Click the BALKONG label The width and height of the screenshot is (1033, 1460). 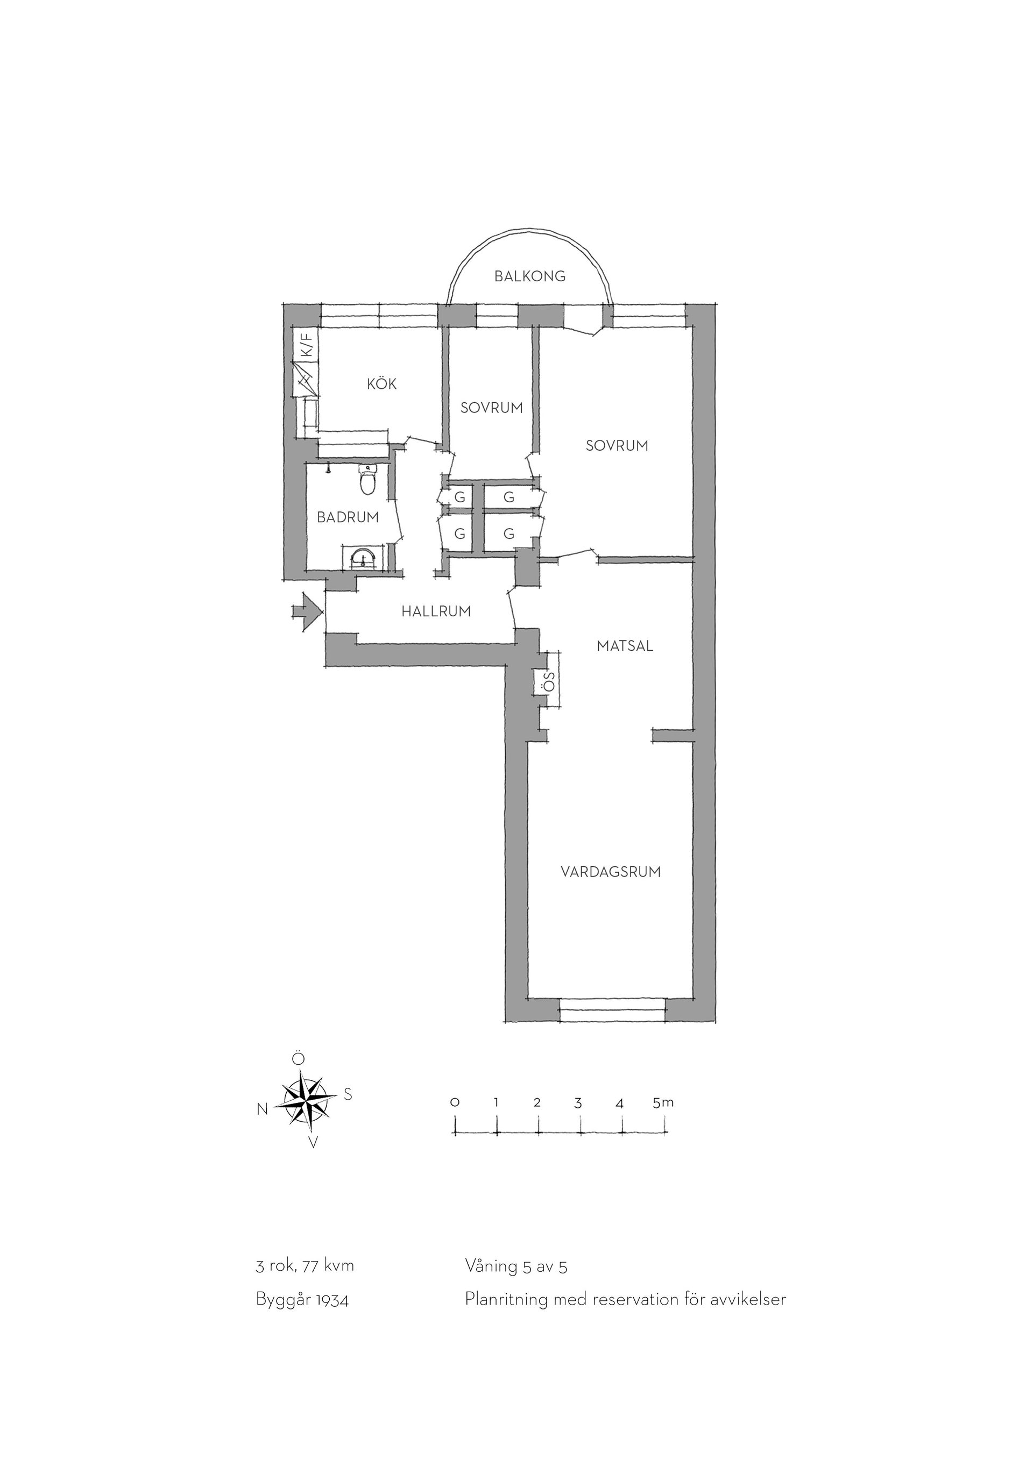coord(530,276)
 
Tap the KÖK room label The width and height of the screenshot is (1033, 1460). coord(381,383)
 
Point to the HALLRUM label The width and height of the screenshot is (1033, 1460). coord(436,612)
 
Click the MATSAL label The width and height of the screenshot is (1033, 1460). coord(625,646)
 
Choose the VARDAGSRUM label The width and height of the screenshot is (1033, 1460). coord(611,872)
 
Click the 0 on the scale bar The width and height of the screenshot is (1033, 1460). coord(454,1103)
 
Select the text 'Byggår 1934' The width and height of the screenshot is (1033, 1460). coord(302,1300)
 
